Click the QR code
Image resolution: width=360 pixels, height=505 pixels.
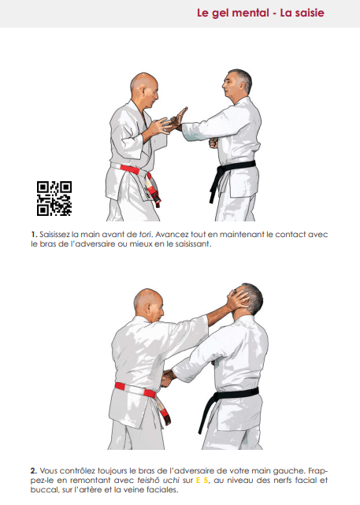tap(54, 198)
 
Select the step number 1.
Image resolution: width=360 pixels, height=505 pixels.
tap(34, 235)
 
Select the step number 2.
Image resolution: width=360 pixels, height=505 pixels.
tap(34, 471)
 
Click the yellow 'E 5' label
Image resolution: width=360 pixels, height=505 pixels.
tap(202, 481)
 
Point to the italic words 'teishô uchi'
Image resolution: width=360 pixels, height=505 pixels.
tap(158, 481)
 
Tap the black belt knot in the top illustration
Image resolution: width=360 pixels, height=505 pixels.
tap(221, 169)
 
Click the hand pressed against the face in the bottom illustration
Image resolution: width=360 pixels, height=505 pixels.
tap(238, 301)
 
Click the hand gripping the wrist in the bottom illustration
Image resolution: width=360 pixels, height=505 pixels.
tap(168, 378)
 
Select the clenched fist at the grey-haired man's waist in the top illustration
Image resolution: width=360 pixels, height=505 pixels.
tap(213, 143)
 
